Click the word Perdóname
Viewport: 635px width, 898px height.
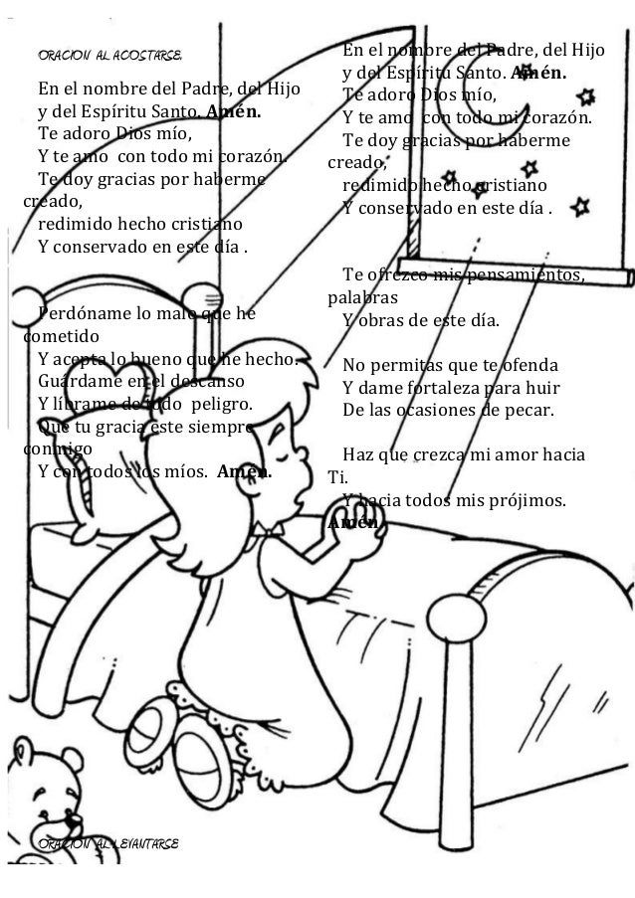click(x=78, y=314)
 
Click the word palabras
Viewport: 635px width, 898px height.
click(x=362, y=297)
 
